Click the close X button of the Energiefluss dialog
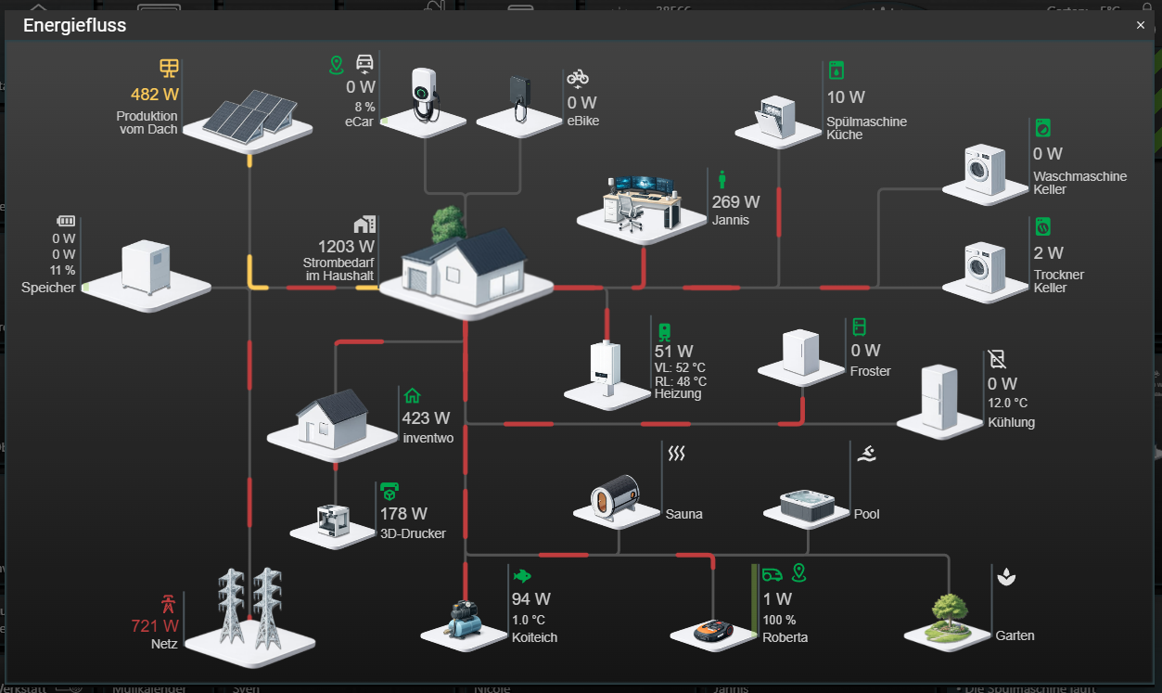tap(1141, 26)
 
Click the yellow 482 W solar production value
tap(155, 95)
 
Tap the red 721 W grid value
tap(155, 626)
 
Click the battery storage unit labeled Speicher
tap(147, 266)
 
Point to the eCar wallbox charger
tap(424, 93)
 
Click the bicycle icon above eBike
tap(578, 77)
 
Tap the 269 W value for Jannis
tap(735, 202)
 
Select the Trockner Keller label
tap(1058, 281)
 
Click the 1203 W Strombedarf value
tap(346, 247)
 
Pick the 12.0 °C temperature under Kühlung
tap(1007, 404)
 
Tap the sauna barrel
tap(616, 494)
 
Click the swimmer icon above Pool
tap(866, 454)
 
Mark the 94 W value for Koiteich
tap(530, 599)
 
